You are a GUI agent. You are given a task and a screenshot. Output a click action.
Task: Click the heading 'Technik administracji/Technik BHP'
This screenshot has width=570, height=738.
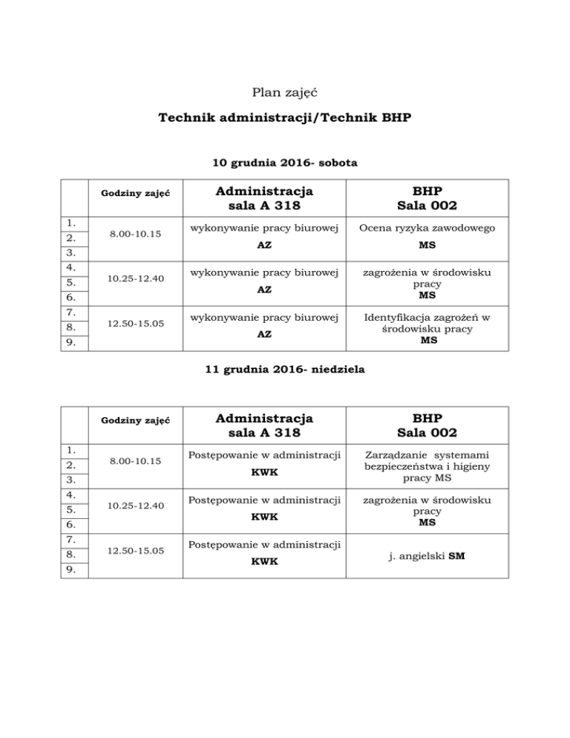[x=285, y=118]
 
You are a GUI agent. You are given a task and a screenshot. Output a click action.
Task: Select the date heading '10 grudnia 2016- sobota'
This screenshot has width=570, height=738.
[x=285, y=162]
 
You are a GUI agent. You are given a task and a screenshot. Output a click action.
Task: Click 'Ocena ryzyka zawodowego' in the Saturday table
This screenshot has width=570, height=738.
[x=427, y=227]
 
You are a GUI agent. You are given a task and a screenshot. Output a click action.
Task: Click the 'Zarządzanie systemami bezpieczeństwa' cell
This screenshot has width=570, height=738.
[x=427, y=466]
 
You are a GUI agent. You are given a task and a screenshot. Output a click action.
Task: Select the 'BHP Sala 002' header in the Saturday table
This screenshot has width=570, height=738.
[x=427, y=199]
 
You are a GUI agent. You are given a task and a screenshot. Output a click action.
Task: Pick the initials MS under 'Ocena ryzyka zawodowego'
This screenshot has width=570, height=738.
[x=427, y=244]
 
